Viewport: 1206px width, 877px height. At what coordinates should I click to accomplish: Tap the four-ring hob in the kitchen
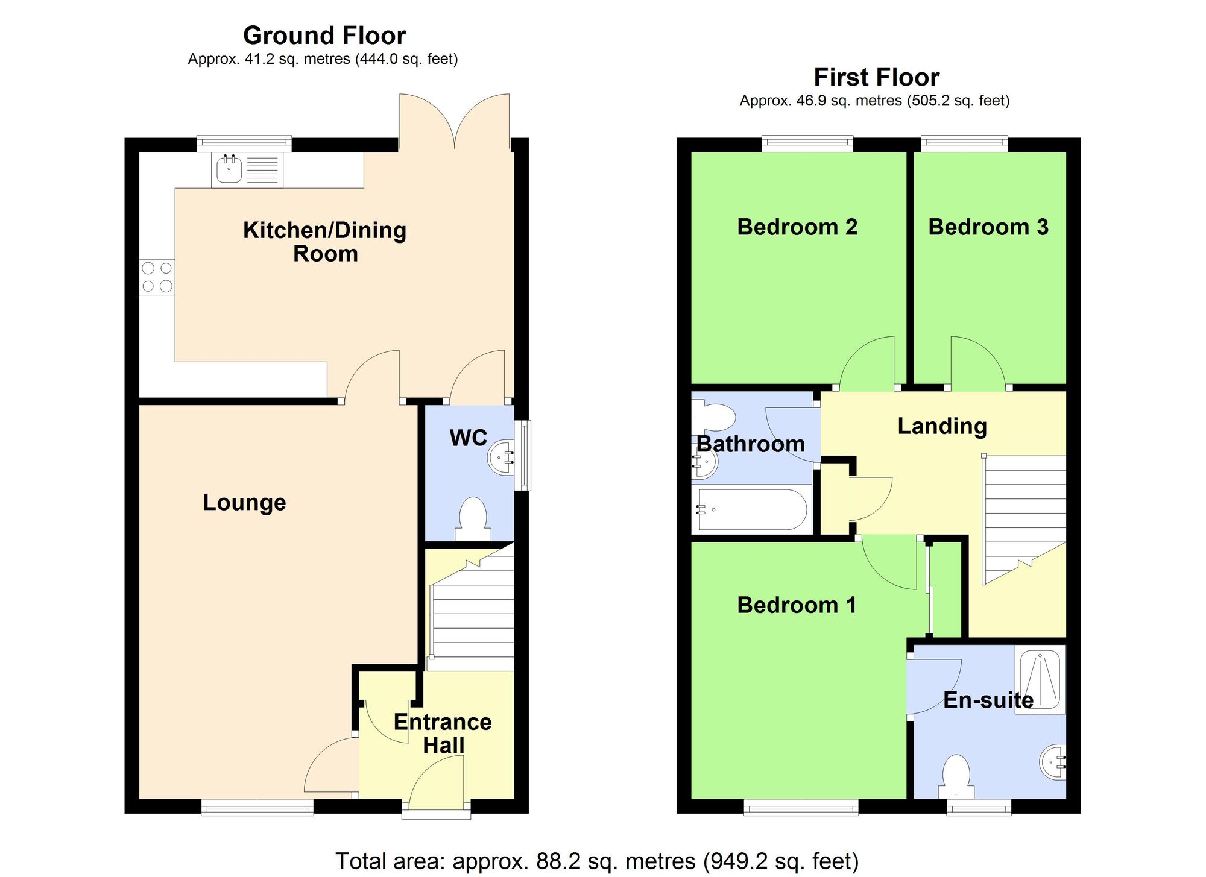[157, 277]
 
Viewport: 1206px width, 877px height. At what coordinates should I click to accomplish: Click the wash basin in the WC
[499, 456]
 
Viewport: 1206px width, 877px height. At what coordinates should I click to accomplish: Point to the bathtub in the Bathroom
[752, 510]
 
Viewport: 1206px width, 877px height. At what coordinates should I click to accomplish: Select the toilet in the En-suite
[956, 778]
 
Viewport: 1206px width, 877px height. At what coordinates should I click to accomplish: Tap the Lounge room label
[244, 502]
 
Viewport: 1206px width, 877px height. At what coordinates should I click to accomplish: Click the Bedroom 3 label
[988, 227]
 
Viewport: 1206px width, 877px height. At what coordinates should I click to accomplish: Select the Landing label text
[942, 426]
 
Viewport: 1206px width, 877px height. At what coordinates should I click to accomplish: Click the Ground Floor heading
[324, 36]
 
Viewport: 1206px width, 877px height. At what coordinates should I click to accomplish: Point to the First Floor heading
[876, 77]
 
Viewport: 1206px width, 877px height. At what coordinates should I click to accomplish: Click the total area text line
[596, 861]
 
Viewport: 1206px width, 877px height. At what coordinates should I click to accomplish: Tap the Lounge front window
[257, 806]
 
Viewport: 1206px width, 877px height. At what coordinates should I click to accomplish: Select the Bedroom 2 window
[807, 143]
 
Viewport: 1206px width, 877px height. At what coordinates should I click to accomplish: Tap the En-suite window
[979, 806]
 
